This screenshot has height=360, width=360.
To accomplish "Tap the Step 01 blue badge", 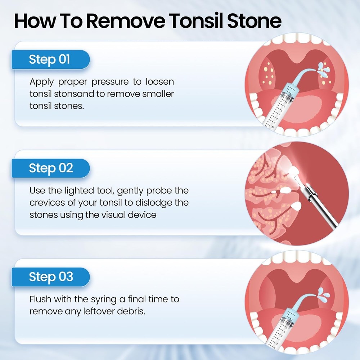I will [x=50, y=59].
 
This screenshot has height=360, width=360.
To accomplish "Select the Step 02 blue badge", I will [x=50, y=168].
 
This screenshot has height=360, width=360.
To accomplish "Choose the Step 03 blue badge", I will [x=50, y=277].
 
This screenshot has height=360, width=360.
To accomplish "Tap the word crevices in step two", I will [x=47, y=202].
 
